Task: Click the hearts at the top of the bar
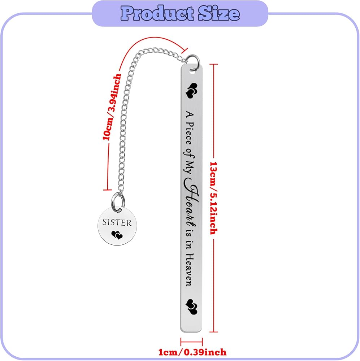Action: click(191, 90)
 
